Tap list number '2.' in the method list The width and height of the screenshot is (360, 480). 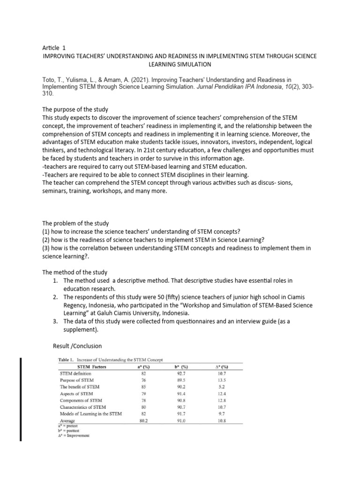(x=56, y=297)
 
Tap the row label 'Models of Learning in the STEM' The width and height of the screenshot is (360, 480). (x=91, y=414)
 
